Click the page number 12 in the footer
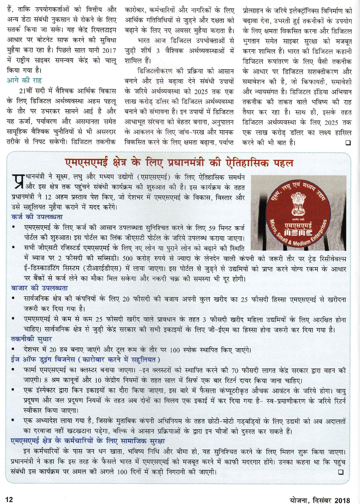[x=9, y=499]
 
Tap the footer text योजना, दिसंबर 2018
[x=320, y=500]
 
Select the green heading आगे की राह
[x=24, y=80]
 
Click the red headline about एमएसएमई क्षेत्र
[x=179, y=163]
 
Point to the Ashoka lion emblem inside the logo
[x=298, y=204]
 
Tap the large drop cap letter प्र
[x=18, y=182]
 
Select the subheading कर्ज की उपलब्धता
[x=37, y=217]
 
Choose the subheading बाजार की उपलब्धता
[x=39, y=288]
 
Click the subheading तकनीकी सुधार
[x=32, y=339]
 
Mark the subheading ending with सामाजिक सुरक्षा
[x=88, y=441]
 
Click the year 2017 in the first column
[x=109, y=50]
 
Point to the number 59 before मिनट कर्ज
[x=212, y=228]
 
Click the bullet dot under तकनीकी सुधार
[x=13, y=349]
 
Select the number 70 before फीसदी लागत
[x=235, y=370]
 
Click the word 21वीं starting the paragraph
[x=28, y=91]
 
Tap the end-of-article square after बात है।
[x=348, y=143]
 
